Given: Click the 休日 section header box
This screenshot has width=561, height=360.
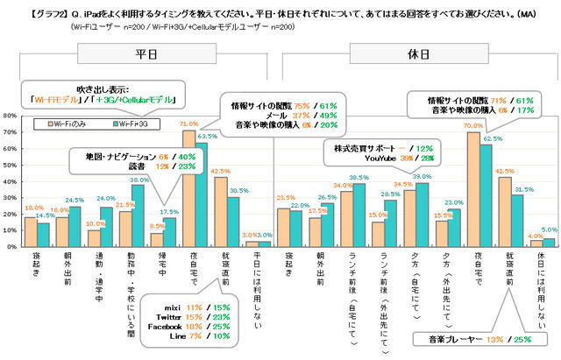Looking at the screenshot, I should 416,53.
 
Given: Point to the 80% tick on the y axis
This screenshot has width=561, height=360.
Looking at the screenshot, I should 10,116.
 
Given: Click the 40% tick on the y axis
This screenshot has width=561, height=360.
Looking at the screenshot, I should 10,179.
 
